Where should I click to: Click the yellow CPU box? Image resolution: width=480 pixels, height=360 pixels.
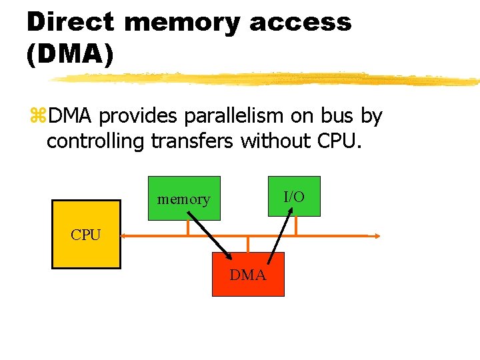point(86,235)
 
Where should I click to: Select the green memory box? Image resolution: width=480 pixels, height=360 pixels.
point(184,197)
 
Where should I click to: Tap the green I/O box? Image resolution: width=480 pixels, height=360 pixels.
point(294,196)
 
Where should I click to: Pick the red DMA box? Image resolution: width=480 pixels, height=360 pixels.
point(248,274)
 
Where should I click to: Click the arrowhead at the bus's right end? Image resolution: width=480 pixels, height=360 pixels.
point(377,235)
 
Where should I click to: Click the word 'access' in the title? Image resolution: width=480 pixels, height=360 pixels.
point(300,22)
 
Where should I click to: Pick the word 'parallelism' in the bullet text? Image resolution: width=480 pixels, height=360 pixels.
point(233,117)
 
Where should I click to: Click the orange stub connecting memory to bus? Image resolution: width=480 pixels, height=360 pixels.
point(188,227)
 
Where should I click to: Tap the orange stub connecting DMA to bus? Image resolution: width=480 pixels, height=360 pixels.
point(248,244)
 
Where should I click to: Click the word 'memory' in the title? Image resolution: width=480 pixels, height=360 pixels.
point(182,22)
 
